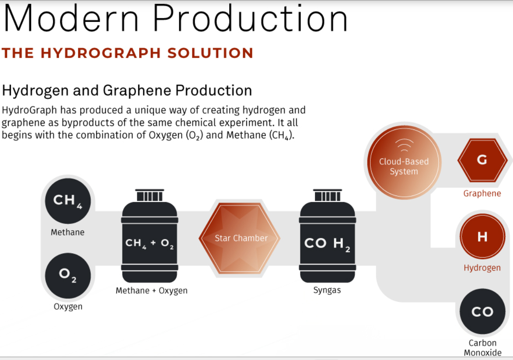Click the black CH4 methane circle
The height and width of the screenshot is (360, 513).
tap(68, 201)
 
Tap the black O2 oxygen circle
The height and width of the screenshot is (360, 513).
tap(68, 276)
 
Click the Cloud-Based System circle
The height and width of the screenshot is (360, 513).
tap(404, 162)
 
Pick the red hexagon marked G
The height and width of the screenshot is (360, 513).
tap(482, 160)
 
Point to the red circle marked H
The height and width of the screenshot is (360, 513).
tap(482, 236)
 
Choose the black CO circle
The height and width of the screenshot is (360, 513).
tap(482, 311)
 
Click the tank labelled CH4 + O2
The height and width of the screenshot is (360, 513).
tap(150, 236)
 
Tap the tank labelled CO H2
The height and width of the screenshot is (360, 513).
tap(328, 236)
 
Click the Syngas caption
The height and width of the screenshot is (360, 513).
tap(327, 290)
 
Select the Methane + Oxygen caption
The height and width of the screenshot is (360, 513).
tap(151, 290)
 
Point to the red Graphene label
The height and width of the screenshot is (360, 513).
tap(482, 193)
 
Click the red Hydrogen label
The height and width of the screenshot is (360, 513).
tap(482, 268)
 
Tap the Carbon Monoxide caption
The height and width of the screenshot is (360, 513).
tap(482, 348)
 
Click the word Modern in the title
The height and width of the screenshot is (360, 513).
tap(71, 19)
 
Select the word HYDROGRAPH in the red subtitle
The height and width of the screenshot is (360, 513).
tap(101, 53)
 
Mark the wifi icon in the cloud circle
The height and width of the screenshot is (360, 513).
tap(404, 145)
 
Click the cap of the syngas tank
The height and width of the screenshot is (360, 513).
tap(328, 195)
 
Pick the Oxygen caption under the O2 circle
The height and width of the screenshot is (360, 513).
tap(68, 307)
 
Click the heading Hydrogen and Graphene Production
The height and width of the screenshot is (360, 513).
tap(127, 90)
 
